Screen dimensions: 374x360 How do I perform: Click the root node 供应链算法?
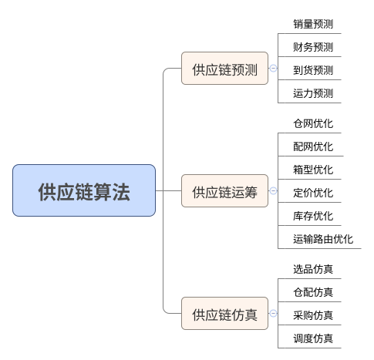click(84, 190)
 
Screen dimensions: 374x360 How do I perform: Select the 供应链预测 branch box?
click(224, 68)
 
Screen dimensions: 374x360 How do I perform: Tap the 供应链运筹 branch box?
click(224, 190)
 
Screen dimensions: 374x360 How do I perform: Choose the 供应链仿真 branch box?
click(224, 313)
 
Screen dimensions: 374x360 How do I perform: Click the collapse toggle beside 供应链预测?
click(273, 68)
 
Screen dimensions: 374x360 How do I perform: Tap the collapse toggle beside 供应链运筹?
click(273, 190)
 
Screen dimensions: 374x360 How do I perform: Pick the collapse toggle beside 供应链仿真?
click(273, 313)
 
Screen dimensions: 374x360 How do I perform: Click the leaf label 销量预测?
click(313, 24)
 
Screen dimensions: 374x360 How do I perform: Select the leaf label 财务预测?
click(313, 47)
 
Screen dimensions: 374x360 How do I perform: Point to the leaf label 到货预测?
click(313, 70)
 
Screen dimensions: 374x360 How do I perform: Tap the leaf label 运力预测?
click(313, 93)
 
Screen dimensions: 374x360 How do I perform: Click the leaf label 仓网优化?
click(313, 123)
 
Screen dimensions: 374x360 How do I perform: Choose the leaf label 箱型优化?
click(313, 170)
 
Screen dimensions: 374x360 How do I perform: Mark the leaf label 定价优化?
click(313, 193)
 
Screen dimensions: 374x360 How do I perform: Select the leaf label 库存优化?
click(313, 216)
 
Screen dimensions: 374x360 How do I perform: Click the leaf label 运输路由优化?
click(323, 239)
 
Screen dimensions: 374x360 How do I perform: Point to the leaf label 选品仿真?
click(313, 269)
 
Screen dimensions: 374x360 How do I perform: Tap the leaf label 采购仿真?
click(313, 315)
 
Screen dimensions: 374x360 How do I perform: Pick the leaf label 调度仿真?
click(313, 338)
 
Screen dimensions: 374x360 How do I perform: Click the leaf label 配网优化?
click(313, 146)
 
